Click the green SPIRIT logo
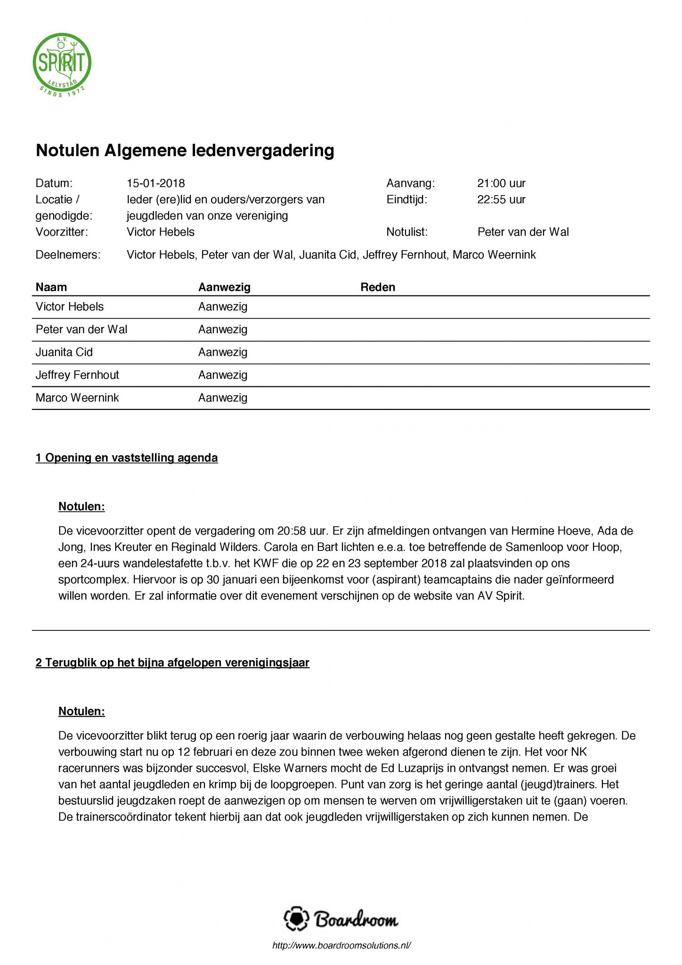62,65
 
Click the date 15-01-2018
156,183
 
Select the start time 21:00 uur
501,183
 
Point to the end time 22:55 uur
501,199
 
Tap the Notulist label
406,232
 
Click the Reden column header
378,287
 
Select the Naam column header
51,287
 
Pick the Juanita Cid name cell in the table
64,352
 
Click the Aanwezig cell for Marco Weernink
223,398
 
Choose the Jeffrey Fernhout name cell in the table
77,375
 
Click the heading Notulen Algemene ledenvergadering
185,151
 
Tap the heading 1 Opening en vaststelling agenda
127,458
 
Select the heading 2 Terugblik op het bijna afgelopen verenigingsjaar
172,663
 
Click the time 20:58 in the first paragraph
291,531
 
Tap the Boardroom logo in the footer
341,919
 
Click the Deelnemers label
68,255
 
